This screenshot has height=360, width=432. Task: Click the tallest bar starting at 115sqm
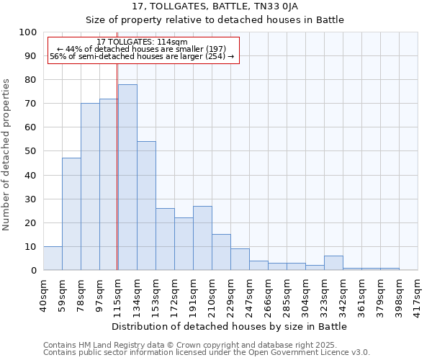point(127,177)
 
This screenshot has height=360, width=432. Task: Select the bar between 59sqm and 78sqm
point(71,214)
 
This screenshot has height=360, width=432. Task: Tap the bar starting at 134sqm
point(146,206)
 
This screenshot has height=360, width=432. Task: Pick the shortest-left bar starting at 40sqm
point(53,258)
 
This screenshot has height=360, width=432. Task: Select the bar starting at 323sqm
point(333,263)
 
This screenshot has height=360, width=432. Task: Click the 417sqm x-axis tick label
point(418,294)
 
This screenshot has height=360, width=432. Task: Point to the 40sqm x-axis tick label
point(43,294)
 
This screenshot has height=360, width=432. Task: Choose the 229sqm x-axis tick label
point(230,294)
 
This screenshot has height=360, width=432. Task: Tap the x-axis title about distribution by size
point(230,326)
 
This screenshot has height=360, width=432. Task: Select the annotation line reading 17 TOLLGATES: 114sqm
point(142,42)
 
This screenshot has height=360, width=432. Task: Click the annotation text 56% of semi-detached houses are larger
point(142,56)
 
